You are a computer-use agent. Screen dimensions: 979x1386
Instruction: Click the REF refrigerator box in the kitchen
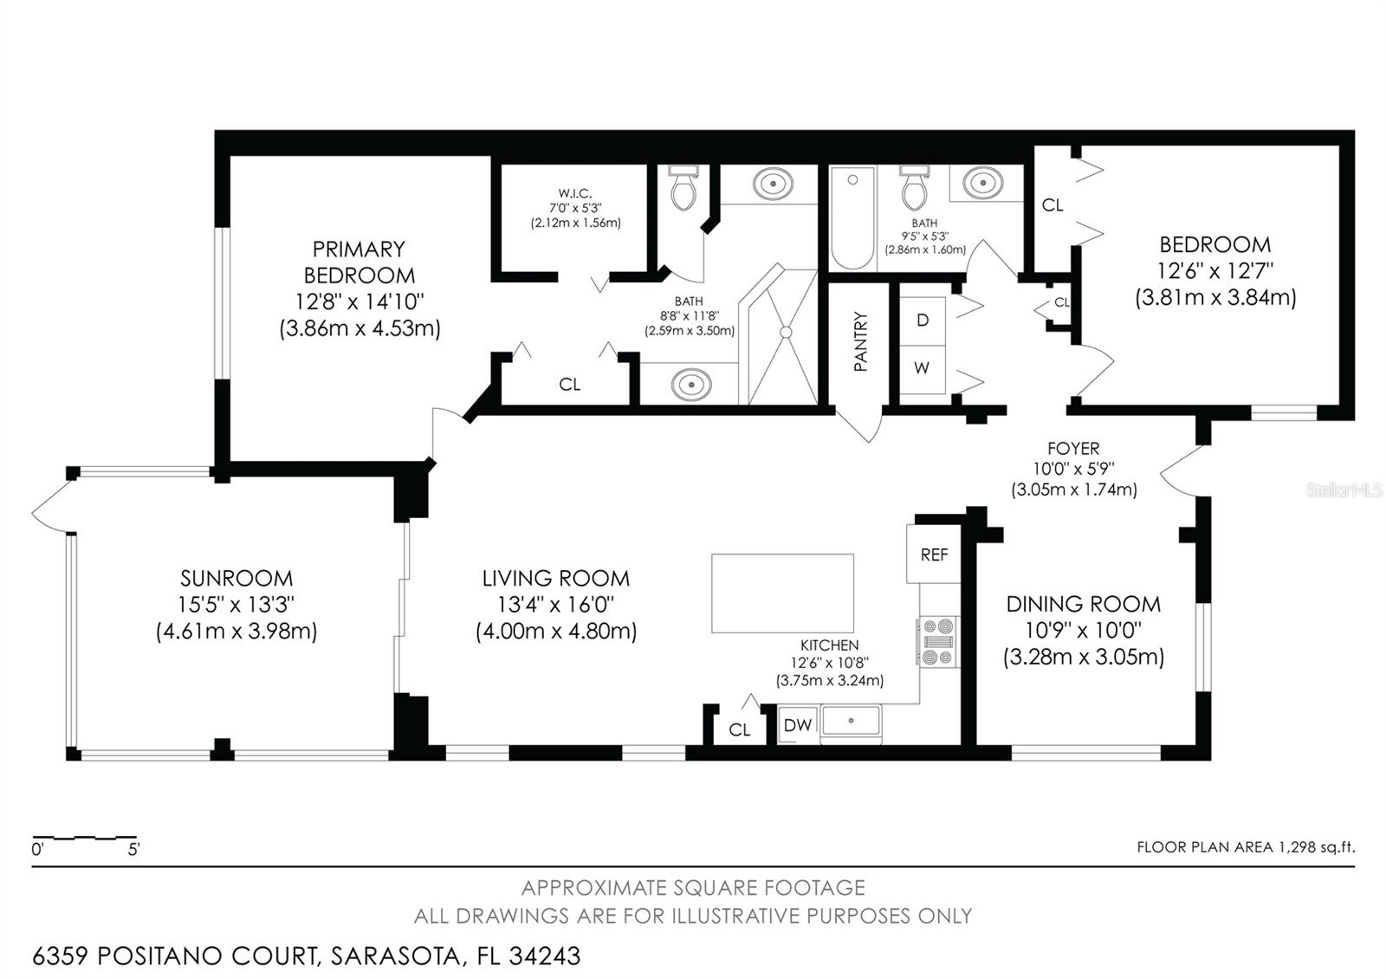click(x=934, y=554)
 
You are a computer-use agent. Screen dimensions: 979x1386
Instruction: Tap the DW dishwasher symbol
click(x=797, y=725)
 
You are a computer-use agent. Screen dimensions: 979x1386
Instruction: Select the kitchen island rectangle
click(x=782, y=593)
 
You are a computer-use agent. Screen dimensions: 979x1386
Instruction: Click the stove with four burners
click(x=938, y=642)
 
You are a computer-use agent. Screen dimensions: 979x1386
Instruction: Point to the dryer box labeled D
click(x=923, y=320)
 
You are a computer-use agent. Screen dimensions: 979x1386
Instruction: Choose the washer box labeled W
click(x=922, y=368)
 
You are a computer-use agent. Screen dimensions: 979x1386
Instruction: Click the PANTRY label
click(x=860, y=342)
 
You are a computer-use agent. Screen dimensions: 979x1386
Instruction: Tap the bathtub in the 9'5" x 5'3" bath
click(x=852, y=218)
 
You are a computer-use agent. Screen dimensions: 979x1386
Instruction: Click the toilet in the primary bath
click(x=683, y=190)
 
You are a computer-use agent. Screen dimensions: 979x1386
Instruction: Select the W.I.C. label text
click(x=575, y=193)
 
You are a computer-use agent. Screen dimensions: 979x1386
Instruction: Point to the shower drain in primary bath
click(x=786, y=332)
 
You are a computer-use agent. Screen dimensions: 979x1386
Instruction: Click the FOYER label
click(x=1073, y=449)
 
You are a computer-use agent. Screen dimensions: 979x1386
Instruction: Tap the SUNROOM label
click(x=236, y=579)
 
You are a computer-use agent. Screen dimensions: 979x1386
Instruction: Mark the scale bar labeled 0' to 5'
click(x=85, y=839)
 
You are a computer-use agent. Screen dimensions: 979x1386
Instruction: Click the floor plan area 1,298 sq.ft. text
click(x=1246, y=847)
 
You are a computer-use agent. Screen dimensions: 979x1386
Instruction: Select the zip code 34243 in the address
click(x=545, y=956)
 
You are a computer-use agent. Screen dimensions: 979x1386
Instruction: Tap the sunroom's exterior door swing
click(x=50, y=507)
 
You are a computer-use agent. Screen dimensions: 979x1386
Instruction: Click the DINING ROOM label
click(x=1083, y=604)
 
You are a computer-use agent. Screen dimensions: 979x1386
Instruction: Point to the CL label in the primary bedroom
click(x=569, y=385)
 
